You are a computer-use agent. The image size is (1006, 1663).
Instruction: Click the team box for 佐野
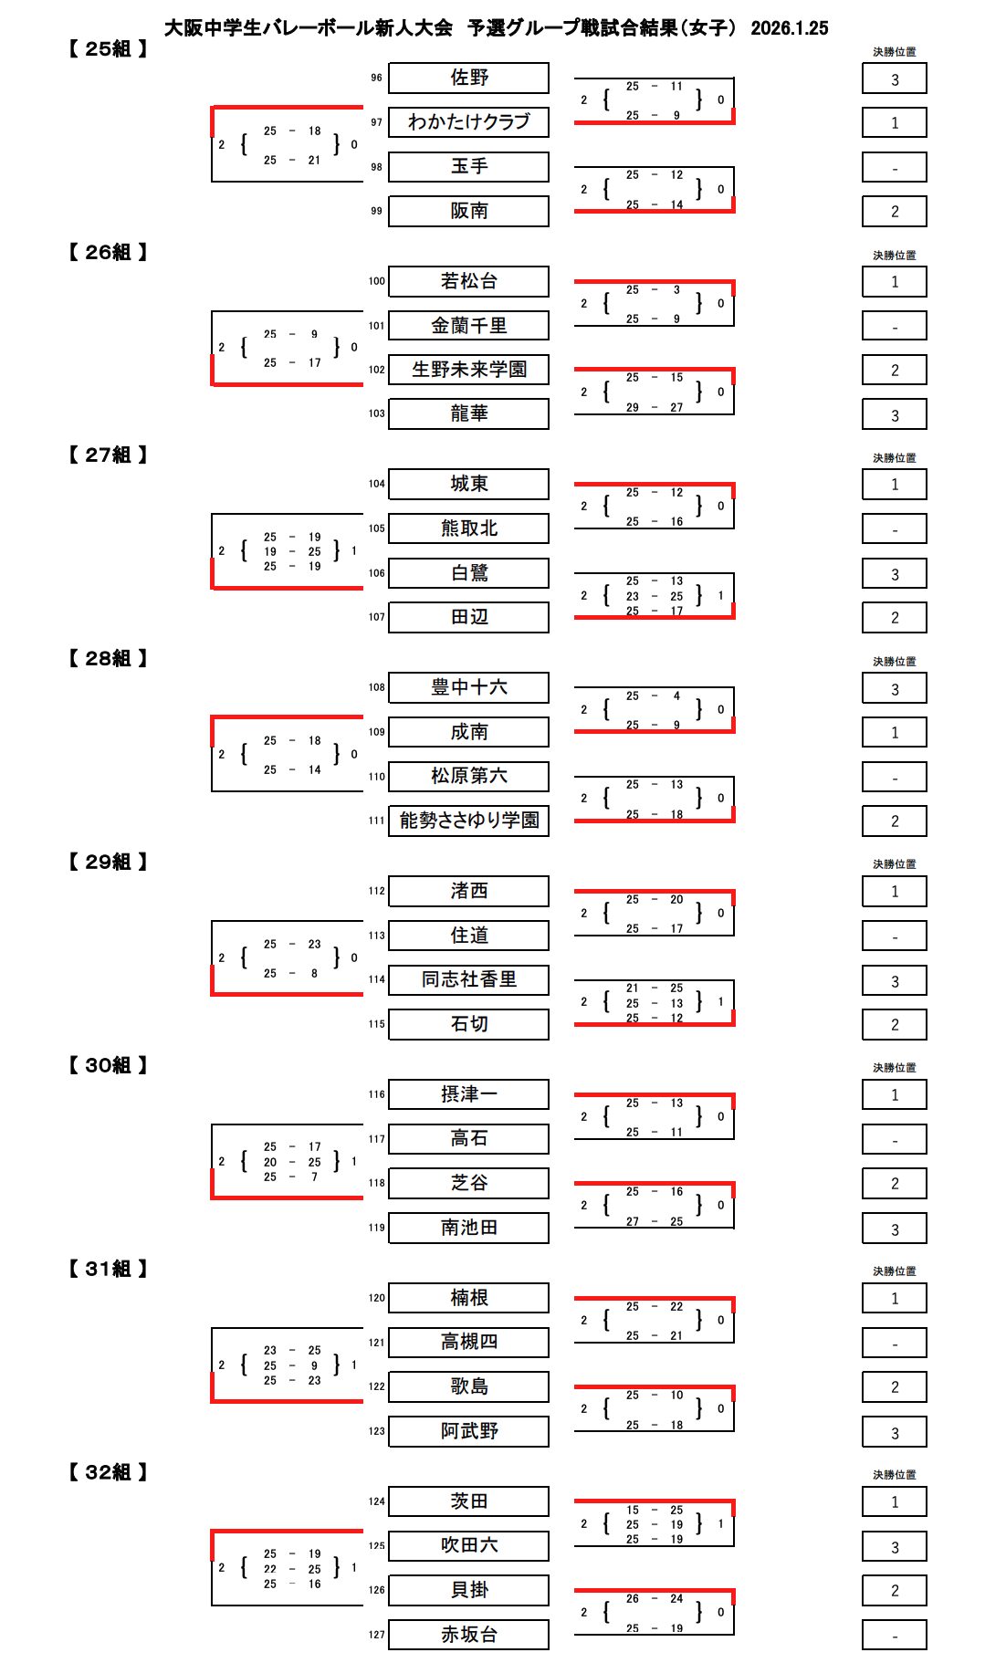click(468, 78)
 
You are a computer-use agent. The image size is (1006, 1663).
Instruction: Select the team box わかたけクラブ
click(468, 122)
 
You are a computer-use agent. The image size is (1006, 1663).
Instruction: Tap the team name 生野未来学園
click(468, 370)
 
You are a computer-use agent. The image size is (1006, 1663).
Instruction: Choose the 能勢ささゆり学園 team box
click(468, 821)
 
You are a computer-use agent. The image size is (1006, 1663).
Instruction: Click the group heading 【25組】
click(108, 49)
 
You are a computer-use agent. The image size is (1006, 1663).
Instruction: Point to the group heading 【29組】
click(108, 863)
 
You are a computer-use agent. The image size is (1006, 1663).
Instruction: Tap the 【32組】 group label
click(108, 1472)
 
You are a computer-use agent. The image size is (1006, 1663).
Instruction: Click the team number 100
click(376, 281)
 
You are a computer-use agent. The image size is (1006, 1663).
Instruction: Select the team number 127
click(376, 1635)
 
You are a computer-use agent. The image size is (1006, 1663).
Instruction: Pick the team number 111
click(376, 821)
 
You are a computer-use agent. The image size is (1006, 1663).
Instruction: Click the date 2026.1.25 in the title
click(789, 28)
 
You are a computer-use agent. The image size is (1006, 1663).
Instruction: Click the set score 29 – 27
click(654, 408)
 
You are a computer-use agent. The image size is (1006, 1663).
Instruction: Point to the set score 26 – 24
click(654, 1598)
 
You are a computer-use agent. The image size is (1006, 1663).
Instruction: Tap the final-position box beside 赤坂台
click(894, 1636)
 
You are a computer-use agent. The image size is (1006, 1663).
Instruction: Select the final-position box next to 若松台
click(894, 282)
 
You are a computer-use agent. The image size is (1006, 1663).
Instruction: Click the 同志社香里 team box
click(468, 979)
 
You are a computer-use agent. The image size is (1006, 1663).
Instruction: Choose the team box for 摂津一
click(468, 1094)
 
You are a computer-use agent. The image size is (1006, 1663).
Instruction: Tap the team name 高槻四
click(468, 1342)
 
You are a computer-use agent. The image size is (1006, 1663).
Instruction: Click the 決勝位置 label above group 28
click(894, 662)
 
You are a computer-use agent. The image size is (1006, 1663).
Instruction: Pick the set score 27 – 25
click(654, 1221)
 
